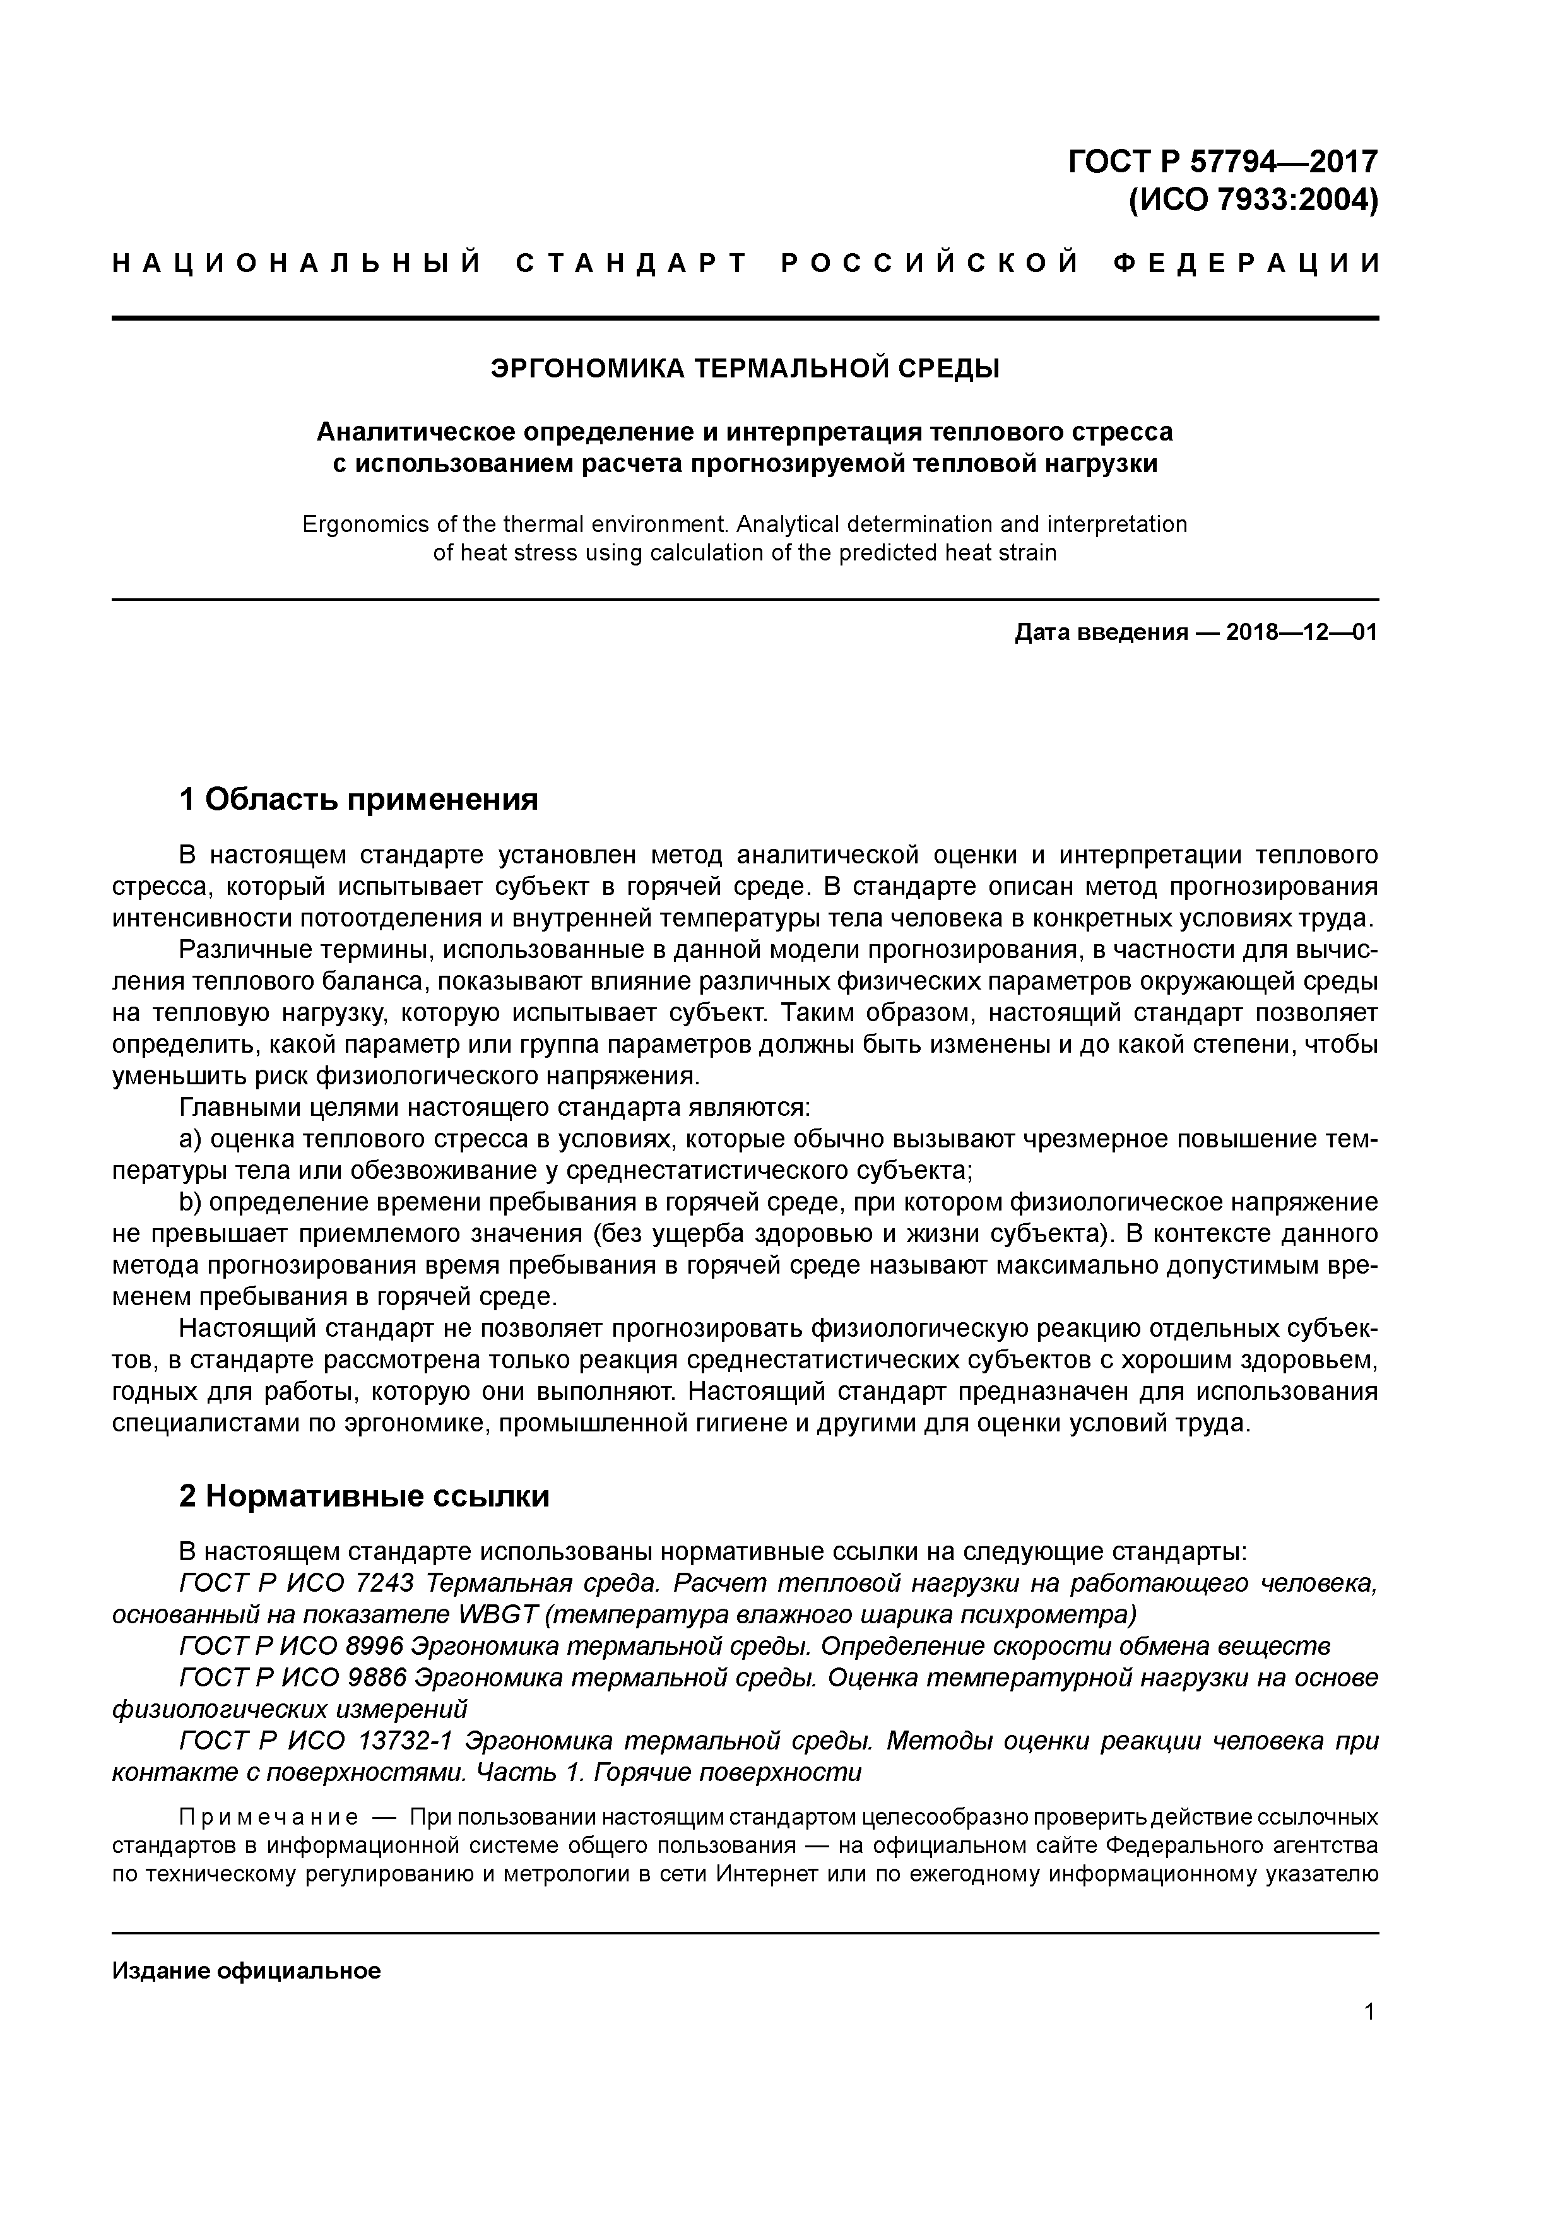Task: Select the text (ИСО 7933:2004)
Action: click(1253, 201)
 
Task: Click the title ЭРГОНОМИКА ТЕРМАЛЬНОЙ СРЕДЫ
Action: click(745, 369)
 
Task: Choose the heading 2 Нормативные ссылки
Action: click(363, 1496)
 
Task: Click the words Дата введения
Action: click(1099, 634)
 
